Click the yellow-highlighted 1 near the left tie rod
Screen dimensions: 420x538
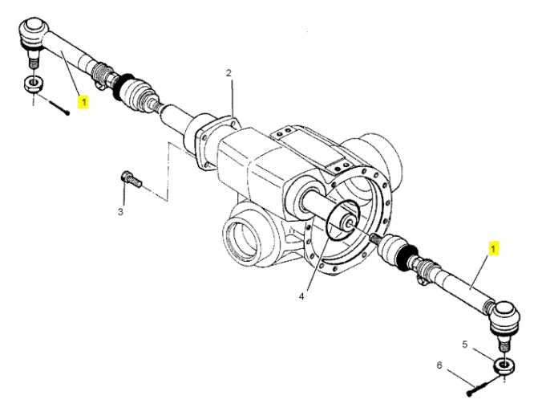(83, 102)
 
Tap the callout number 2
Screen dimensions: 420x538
(229, 73)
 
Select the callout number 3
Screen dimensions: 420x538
(120, 212)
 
